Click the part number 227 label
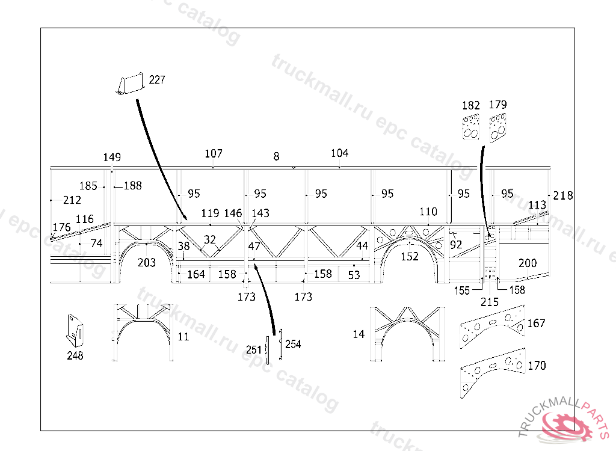tap(156, 80)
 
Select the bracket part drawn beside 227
tap(131, 85)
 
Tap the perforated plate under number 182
tap(470, 126)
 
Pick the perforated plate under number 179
tap(498, 127)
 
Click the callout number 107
tap(214, 154)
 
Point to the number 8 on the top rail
tap(276, 156)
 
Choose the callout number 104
tap(339, 153)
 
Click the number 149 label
tap(112, 158)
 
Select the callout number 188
tap(132, 186)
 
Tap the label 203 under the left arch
tap(147, 263)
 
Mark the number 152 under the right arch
tap(410, 257)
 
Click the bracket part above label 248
tap(74, 330)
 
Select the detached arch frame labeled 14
tap(408, 334)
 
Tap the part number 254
tap(293, 344)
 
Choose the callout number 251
tap(254, 349)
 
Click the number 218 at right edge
tap(563, 195)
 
